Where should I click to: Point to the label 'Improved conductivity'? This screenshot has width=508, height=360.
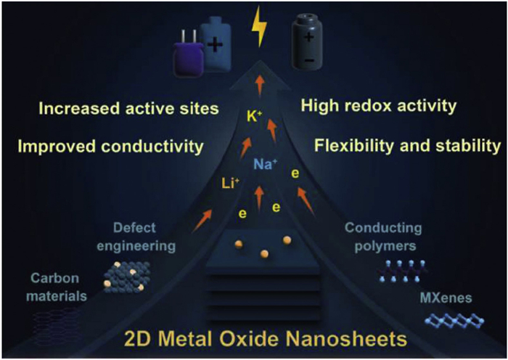pos(110,147)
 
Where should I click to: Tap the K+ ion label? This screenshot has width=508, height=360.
pos(253,114)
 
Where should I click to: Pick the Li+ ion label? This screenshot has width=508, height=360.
pos(228,184)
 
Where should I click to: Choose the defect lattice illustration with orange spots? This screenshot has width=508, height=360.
pos(126,275)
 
